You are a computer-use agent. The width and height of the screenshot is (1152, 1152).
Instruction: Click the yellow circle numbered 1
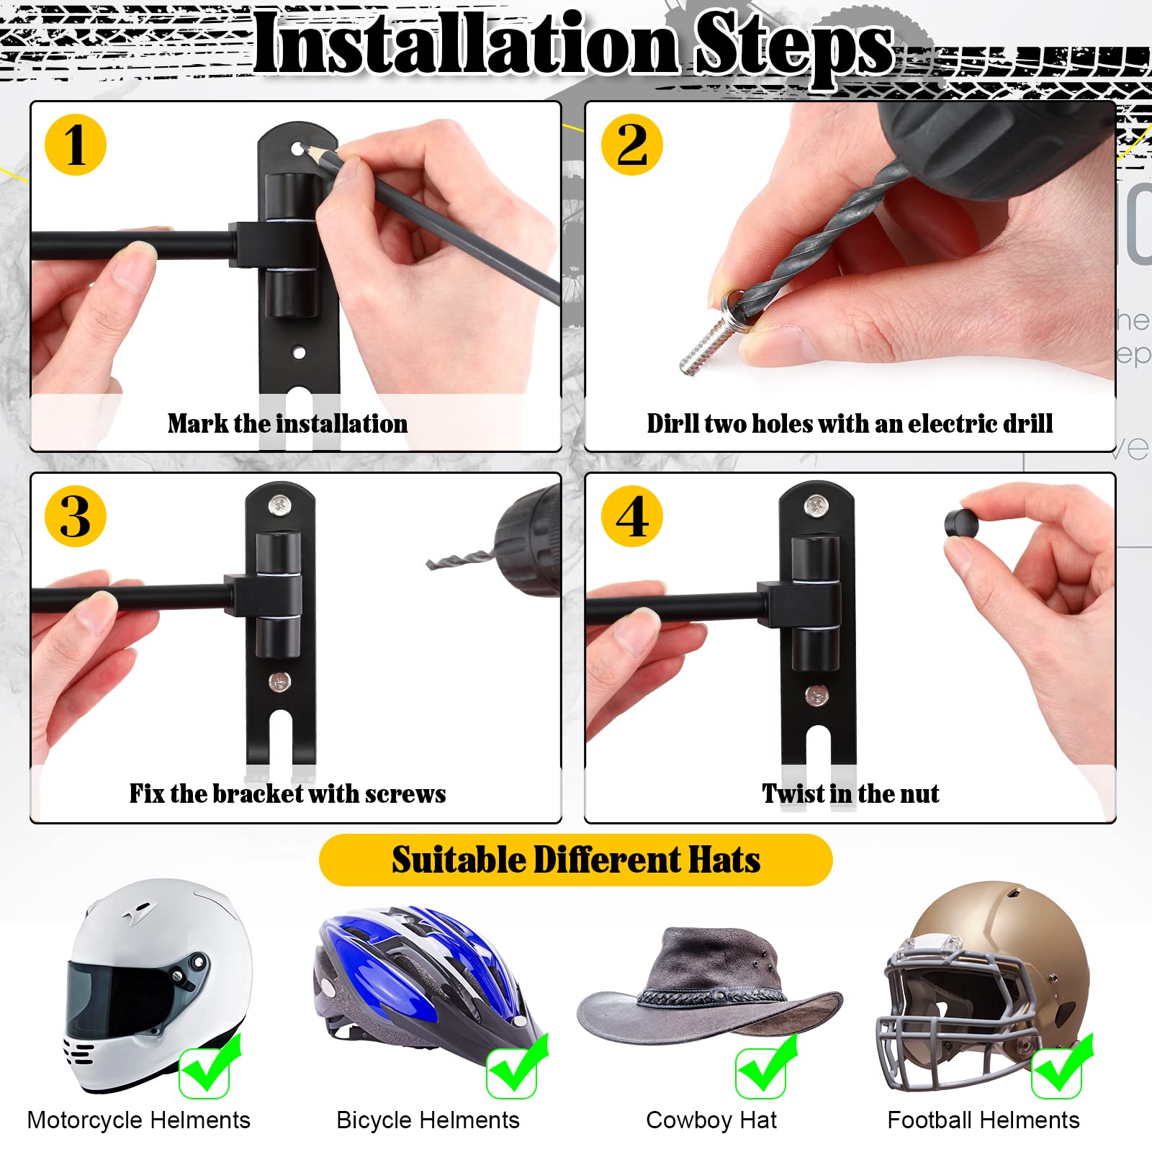(x=76, y=145)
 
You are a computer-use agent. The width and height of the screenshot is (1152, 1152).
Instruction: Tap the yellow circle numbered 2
(x=631, y=145)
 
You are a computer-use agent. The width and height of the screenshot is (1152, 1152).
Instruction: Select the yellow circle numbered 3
(x=76, y=516)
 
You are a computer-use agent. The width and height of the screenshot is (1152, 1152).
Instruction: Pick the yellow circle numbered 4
(x=631, y=516)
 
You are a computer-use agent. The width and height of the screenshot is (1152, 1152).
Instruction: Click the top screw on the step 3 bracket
(x=279, y=505)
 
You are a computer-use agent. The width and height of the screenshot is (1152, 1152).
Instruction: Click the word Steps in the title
(x=793, y=45)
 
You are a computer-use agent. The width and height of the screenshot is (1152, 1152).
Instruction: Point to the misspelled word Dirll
(x=672, y=423)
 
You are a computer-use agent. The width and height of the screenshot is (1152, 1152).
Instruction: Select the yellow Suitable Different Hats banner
(x=576, y=860)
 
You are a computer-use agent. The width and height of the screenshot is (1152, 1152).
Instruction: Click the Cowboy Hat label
(x=711, y=1120)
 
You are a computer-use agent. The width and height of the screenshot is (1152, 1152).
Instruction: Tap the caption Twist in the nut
(x=850, y=793)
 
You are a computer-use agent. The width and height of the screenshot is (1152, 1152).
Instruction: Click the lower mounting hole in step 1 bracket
(x=299, y=353)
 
